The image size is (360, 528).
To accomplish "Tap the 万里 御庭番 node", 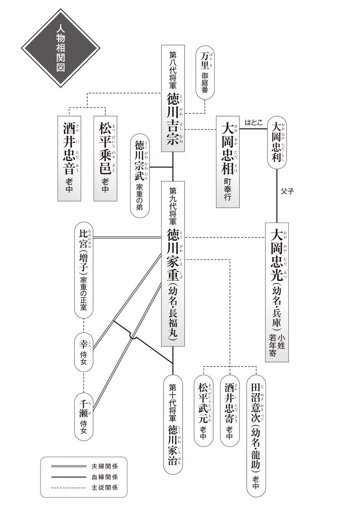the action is [205, 72].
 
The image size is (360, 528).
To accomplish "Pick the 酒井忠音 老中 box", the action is [69, 158].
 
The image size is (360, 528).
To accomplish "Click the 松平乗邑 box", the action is [105, 158].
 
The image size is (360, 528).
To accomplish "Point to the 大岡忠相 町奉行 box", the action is [228, 161].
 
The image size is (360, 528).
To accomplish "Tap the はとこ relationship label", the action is [253, 123].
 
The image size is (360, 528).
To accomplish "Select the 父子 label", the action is [287, 191].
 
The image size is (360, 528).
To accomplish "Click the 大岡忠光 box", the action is [277, 292].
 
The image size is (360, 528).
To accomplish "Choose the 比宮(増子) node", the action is [84, 270].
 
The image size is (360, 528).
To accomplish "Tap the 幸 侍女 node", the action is [84, 352].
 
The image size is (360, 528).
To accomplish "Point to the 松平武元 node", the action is [203, 411].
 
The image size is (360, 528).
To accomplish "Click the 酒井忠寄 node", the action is [229, 411].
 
